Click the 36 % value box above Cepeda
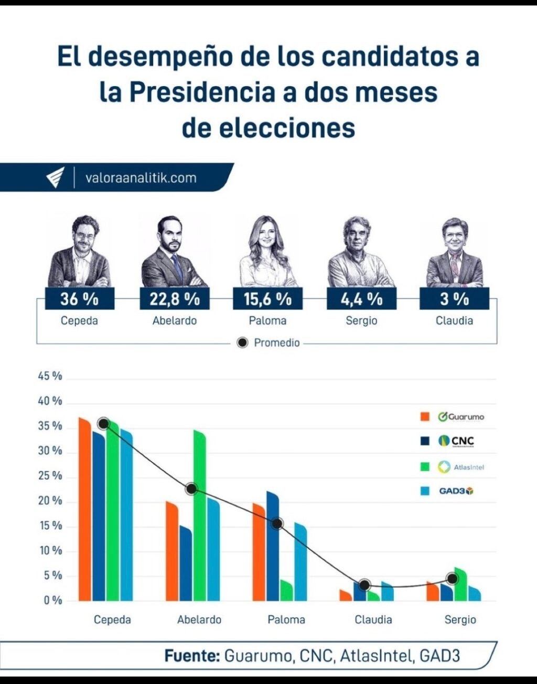(x=79, y=299)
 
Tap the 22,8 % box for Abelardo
(x=175, y=299)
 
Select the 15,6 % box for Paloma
(x=267, y=299)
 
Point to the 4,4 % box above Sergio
(x=361, y=299)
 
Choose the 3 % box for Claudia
(x=454, y=299)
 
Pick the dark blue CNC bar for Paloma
(x=272, y=548)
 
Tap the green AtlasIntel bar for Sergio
(x=460, y=586)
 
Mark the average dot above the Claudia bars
(x=365, y=585)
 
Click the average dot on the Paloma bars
(x=277, y=523)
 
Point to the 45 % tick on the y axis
(x=50, y=376)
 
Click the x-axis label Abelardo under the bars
(x=199, y=619)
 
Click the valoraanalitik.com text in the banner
(x=141, y=178)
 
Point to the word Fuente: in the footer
(x=191, y=656)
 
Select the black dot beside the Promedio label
(x=242, y=343)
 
